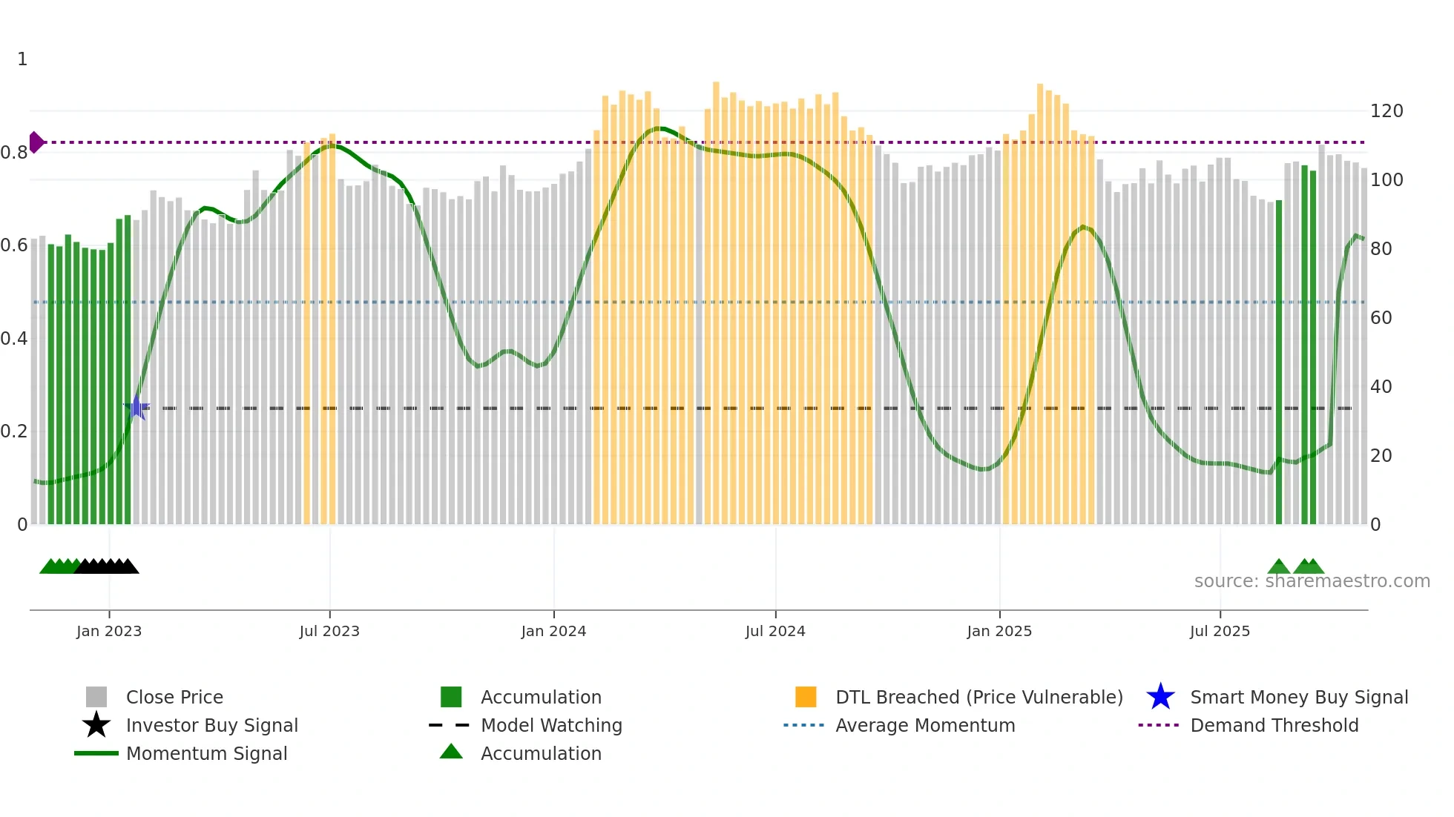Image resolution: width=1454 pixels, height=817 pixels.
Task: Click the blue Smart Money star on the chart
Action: click(x=137, y=407)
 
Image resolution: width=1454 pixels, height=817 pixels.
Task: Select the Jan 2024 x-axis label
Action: click(x=553, y=631)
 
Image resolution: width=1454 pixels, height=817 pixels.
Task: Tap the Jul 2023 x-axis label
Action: click(x=329, y=631)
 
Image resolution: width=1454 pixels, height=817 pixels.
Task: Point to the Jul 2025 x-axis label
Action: click(x=1220, y=631)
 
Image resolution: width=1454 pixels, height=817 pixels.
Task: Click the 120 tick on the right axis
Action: click(x=1386, y=111)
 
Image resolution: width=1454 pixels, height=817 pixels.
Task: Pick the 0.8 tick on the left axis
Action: click(x=14, y=153)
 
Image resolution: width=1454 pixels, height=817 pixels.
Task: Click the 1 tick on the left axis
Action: click(x=22, y=59)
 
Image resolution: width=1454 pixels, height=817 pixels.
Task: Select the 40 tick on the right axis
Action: click(x=1381, y=387)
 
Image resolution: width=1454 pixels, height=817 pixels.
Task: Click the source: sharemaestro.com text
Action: click(x=1312, y=581)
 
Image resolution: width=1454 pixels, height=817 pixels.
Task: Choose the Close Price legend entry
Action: click(x=174, y=697)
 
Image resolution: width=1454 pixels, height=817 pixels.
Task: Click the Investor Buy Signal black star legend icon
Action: click(x=96, y=725)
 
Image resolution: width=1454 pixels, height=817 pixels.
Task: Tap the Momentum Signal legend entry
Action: click(x=206, y=753)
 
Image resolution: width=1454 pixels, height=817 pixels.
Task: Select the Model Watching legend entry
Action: click(x=551, y=725)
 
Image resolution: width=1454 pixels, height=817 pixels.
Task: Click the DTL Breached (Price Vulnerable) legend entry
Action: click(x=978, y=697)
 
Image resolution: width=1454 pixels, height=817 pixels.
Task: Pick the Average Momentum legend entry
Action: click(x=925, y=725)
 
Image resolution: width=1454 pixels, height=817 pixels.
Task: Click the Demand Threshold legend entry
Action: click(x=1274, y=725)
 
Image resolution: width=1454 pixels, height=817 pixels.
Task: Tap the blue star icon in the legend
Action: click(x=1160, y=697)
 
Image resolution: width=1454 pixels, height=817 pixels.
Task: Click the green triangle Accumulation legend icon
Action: click(x=451, y=752)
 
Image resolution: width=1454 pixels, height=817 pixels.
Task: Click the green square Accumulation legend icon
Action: click(x=451, y=697)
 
